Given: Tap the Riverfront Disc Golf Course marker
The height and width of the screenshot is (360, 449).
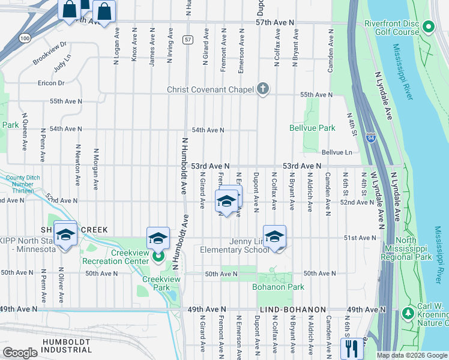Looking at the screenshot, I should click(428, 27).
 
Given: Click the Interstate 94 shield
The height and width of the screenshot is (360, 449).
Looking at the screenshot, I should click(370, 137).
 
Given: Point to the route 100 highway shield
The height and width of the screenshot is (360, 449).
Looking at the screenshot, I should click(24, 38).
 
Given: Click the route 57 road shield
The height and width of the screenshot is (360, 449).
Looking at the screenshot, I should click(188, 40).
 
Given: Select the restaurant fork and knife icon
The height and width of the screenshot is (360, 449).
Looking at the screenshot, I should click(350, 348).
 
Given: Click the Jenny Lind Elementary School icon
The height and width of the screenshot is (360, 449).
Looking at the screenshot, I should click(274, 236).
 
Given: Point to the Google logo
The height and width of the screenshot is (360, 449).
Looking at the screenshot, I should click(20, 353).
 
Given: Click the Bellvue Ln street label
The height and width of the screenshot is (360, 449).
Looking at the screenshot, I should click(337, 152).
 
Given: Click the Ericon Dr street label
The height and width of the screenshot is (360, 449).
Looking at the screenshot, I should click(50, 83).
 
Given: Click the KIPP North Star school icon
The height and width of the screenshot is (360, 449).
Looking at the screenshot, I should click(65, 233).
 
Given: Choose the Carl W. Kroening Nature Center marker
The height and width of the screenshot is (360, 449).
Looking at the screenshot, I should click(408, 313).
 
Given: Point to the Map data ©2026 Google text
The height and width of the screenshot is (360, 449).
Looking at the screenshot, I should click(412, 355).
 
